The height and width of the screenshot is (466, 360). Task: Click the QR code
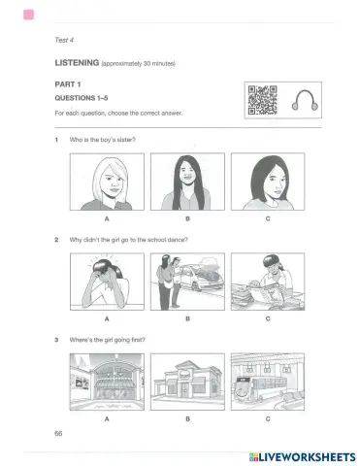pos(260,100)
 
